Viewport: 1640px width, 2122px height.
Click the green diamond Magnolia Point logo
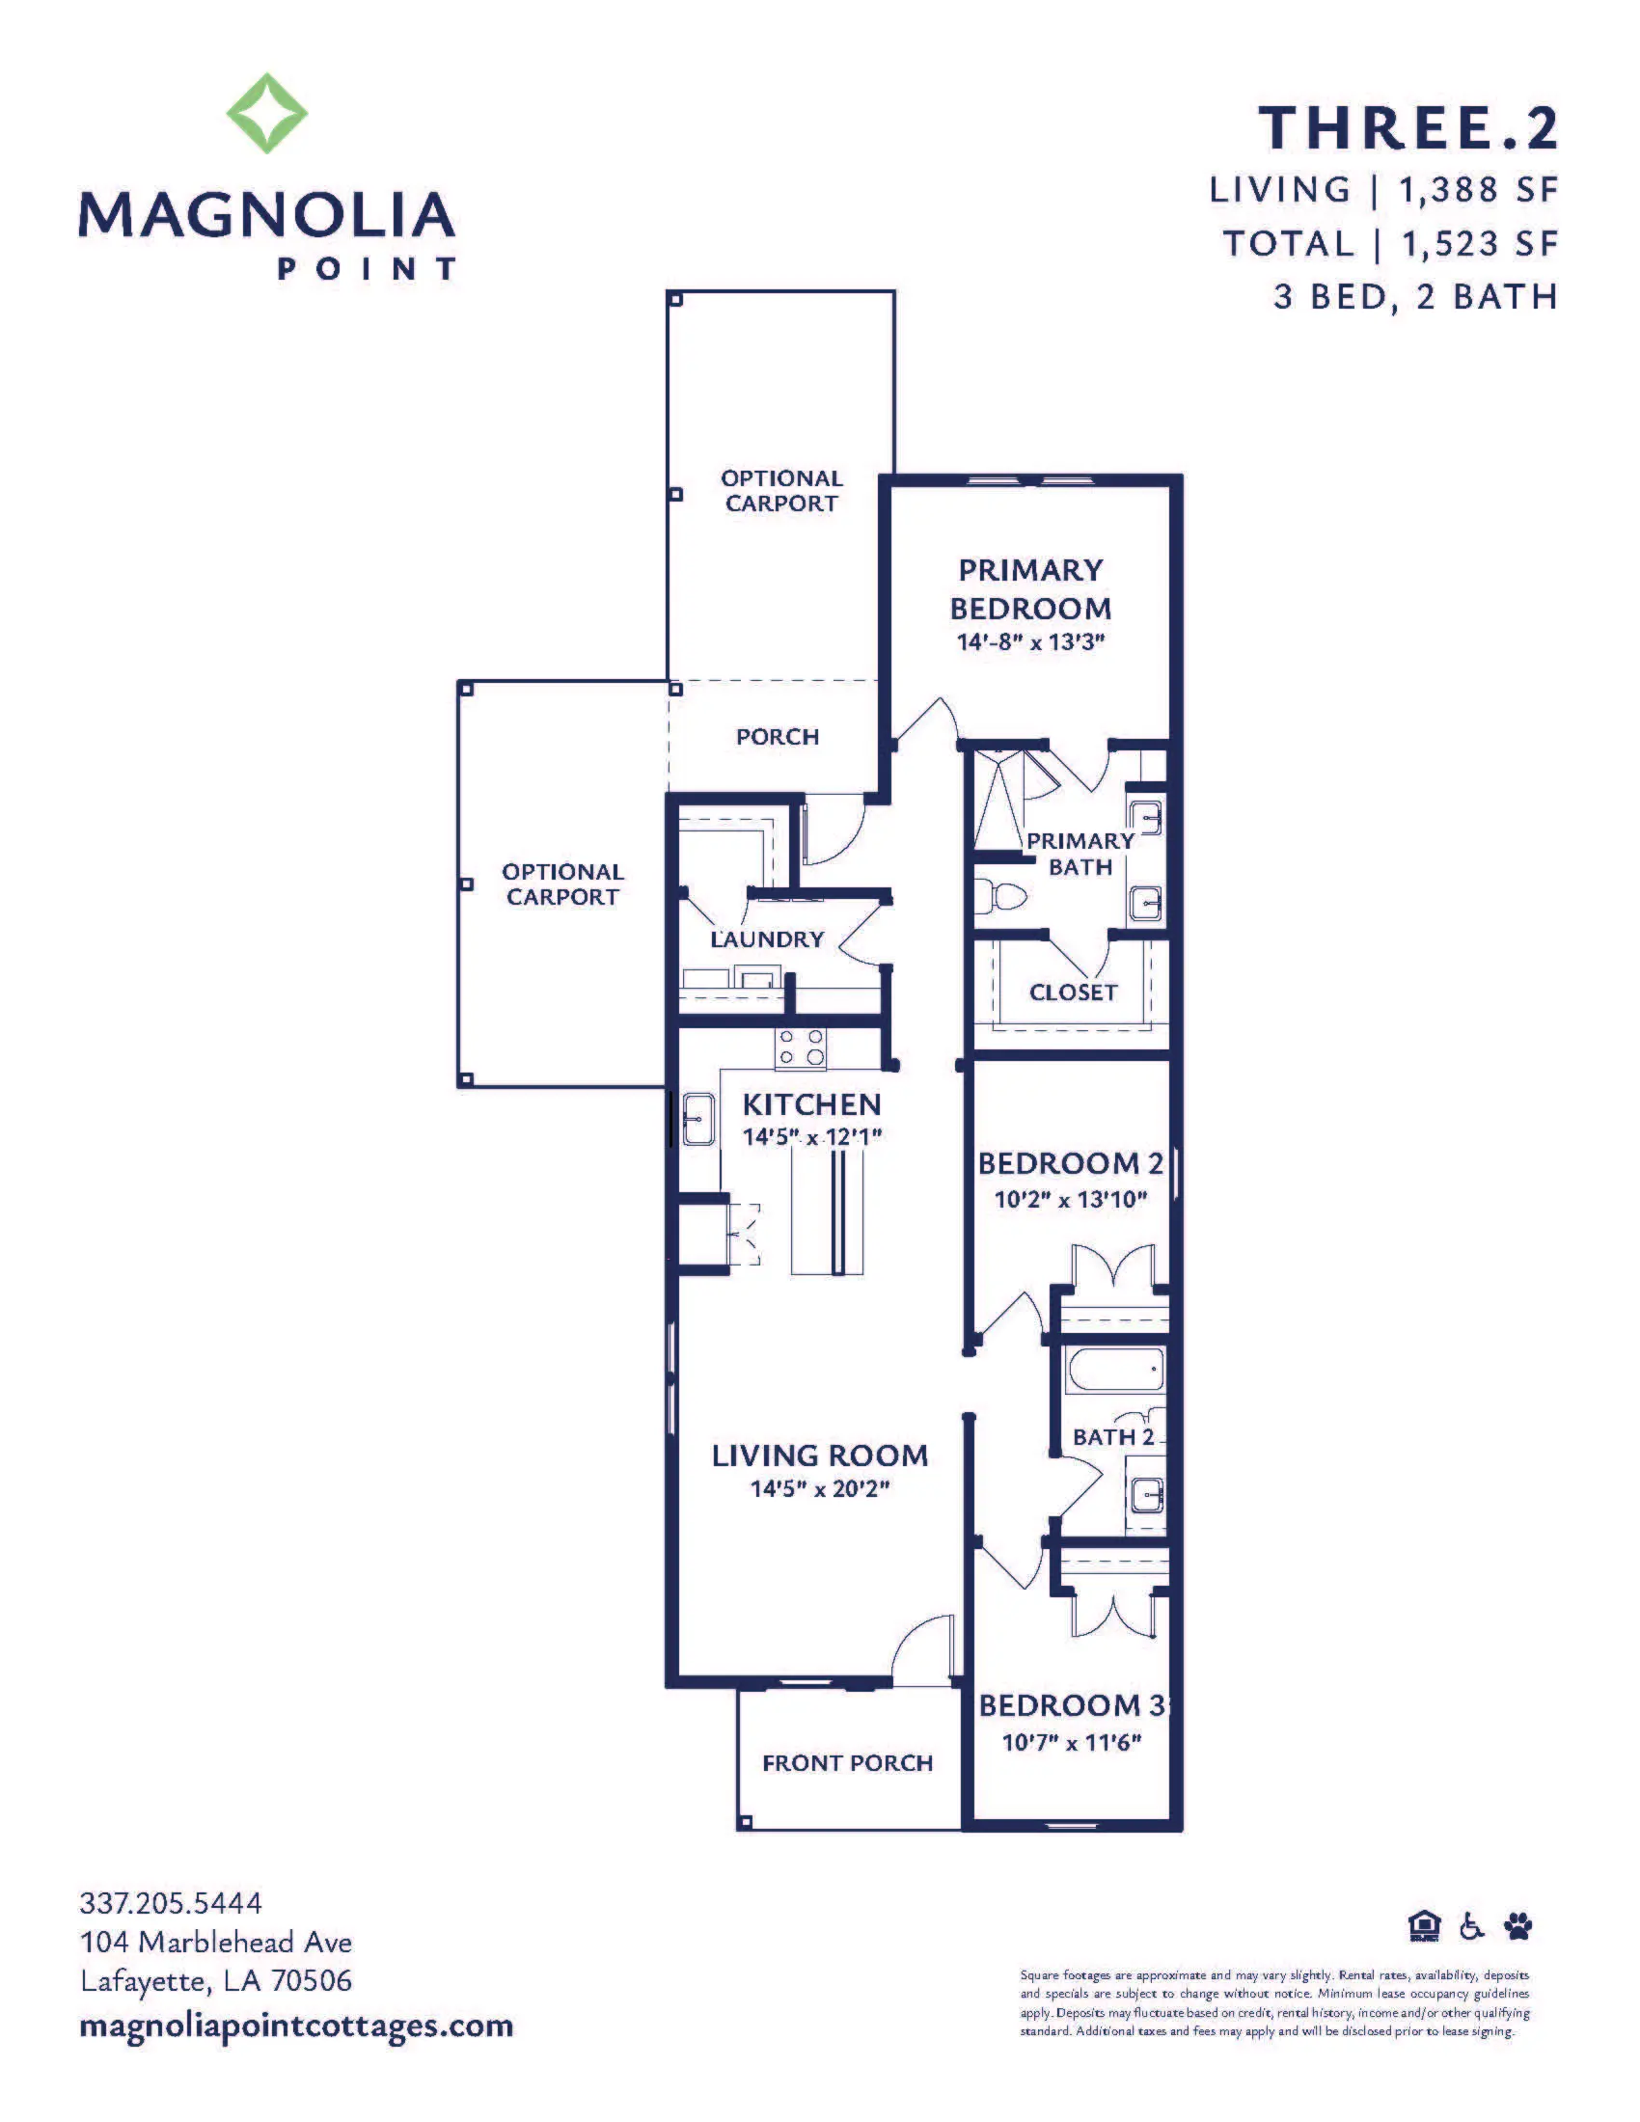[267, 113]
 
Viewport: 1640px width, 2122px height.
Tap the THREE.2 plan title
[1408, 128]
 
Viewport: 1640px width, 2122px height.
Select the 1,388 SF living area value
[1478, 190]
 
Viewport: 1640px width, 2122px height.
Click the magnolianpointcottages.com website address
[296, 2027]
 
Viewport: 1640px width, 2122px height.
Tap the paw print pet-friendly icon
[1517, 1926]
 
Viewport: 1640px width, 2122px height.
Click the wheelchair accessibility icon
[1473, 1926]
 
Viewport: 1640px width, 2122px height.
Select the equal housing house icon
[1424, 1926]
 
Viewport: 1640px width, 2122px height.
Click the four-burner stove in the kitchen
[802, 1048]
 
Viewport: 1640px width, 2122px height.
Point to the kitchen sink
[697, 1119]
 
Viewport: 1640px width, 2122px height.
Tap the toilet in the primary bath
[999, 894]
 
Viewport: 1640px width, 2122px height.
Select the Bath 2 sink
[1146, 1494]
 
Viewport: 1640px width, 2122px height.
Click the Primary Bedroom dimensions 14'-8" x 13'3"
[1031, 641]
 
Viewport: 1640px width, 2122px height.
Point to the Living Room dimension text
[820, 1488]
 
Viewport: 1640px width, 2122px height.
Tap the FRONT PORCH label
[847, 1762]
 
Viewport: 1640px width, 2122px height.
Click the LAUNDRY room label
[767, 939]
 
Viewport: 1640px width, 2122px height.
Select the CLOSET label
[1073, 992]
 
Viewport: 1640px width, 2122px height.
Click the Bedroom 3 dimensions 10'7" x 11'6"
[1072, 1742]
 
